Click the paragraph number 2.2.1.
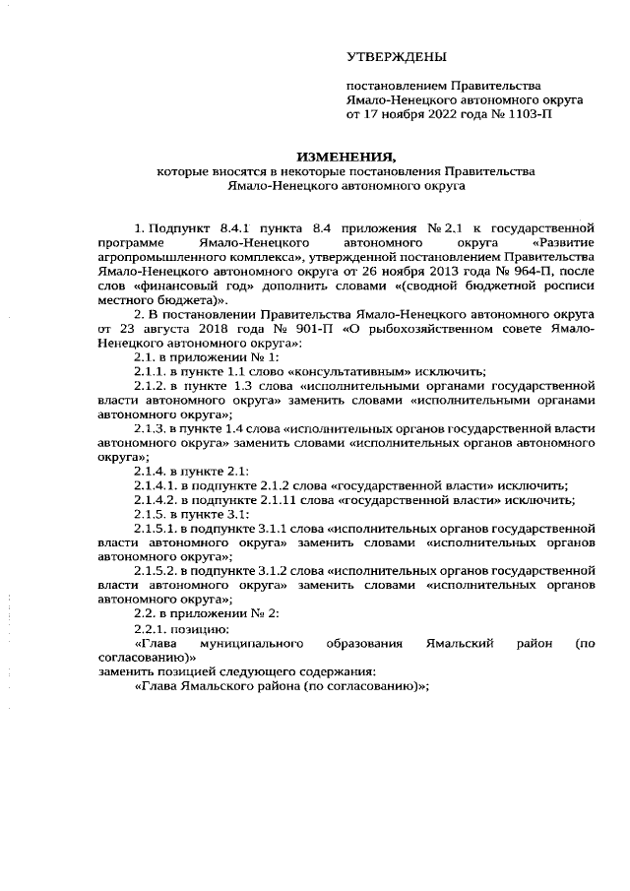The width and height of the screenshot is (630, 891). [x=149, y=629]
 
